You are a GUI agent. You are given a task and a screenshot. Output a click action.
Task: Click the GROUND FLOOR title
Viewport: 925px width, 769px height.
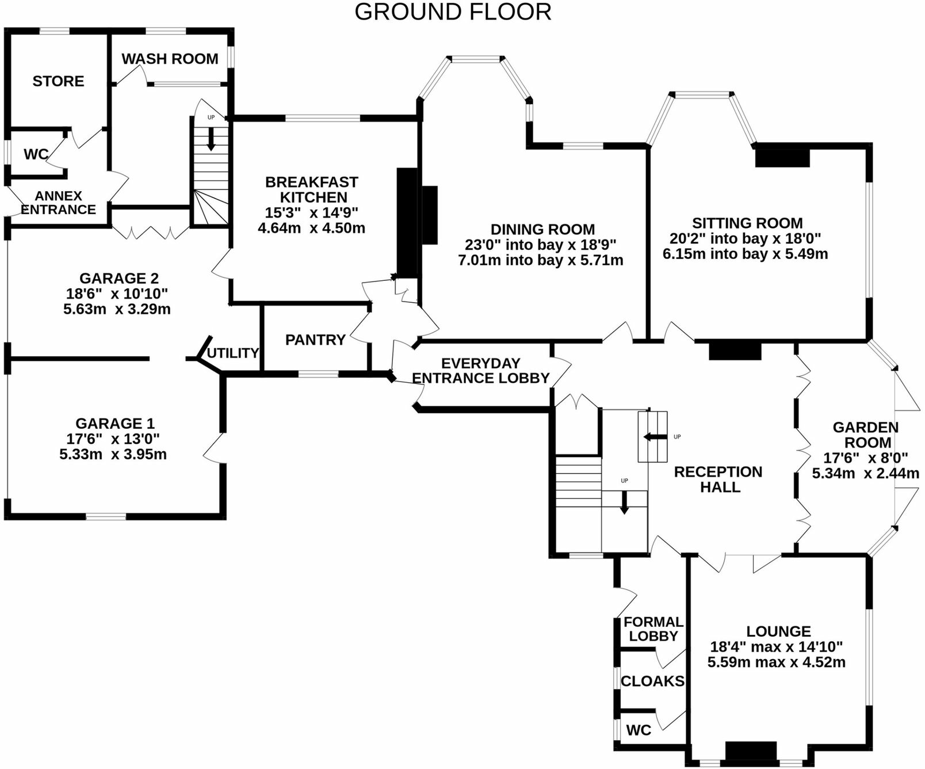tap(453, 12)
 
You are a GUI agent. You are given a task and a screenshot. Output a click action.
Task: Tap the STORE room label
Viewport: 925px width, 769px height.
tap(58, 81)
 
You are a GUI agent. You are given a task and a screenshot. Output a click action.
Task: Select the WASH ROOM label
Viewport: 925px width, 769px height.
tap(170, 59)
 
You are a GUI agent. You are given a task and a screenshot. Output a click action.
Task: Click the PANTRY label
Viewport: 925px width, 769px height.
tap(315, 340)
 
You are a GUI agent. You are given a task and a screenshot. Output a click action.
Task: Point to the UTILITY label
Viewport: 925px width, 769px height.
tap(232, 353)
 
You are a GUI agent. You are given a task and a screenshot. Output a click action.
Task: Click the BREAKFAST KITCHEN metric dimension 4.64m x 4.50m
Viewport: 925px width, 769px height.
tap(311, 228)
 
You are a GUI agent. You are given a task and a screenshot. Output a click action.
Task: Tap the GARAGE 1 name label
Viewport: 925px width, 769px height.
tap(115, 424)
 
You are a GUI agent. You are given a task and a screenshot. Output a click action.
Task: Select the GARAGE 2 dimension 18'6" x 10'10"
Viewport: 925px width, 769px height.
tap(117, 294)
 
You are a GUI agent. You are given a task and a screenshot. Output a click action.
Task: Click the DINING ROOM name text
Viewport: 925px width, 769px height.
tap(542, 229)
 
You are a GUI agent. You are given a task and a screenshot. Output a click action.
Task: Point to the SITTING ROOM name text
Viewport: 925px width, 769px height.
tap(747, 223)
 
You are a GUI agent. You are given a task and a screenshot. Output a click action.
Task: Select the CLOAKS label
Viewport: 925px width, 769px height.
tap(652, 682)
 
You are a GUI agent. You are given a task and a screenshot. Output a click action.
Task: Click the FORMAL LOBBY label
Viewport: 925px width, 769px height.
tap(653, 629)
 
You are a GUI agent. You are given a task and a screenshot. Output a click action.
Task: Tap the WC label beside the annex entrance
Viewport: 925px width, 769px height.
tap(36, 154)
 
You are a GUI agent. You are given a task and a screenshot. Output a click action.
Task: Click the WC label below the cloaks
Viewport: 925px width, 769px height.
tap(639, 730)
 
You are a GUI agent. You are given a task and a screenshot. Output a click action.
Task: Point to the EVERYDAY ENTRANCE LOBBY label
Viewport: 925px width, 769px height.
tap(481, 371)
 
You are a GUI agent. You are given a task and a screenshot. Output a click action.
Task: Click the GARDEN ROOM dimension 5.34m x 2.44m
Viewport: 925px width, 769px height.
tap(865, 474)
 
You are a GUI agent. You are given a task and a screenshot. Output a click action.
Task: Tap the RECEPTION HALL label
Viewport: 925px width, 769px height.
tap(718, 479)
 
